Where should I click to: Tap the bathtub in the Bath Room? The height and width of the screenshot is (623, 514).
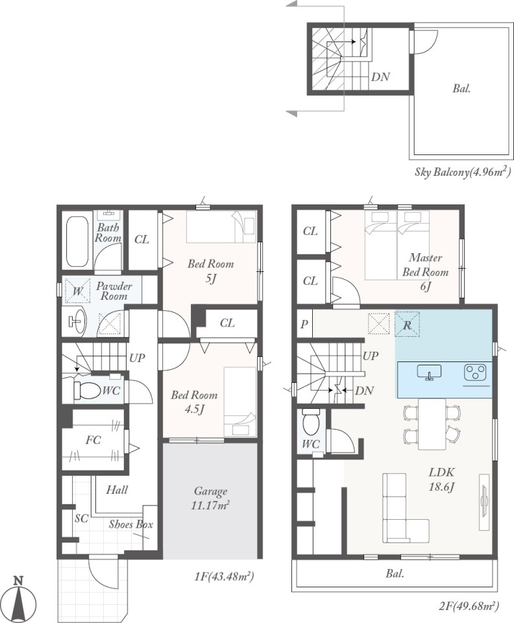click(77, 241)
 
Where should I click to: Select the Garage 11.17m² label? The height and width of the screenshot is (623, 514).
click(210, 498)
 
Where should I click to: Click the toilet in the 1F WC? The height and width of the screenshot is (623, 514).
click(87, 391)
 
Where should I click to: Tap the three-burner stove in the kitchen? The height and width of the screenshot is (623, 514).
click(474, 373)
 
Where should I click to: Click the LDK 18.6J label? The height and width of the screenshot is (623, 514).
click(441, 479)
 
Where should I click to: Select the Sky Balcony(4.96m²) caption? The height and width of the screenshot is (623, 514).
click(463, 172)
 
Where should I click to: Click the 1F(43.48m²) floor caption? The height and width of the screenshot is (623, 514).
click(224, 576)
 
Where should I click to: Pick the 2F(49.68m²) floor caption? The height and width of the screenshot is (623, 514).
click(469, 606)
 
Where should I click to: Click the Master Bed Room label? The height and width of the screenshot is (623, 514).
click(426, 265)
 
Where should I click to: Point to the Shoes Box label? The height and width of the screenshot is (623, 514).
click(131, 524)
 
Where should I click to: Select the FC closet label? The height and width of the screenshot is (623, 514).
click(93, 440)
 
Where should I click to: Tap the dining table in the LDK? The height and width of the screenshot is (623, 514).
click(432, 424)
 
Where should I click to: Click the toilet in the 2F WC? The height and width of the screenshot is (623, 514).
click(310, 422)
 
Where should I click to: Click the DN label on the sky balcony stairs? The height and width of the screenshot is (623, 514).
click(380, 77)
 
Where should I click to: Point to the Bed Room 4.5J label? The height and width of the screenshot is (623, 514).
click(194, 402)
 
